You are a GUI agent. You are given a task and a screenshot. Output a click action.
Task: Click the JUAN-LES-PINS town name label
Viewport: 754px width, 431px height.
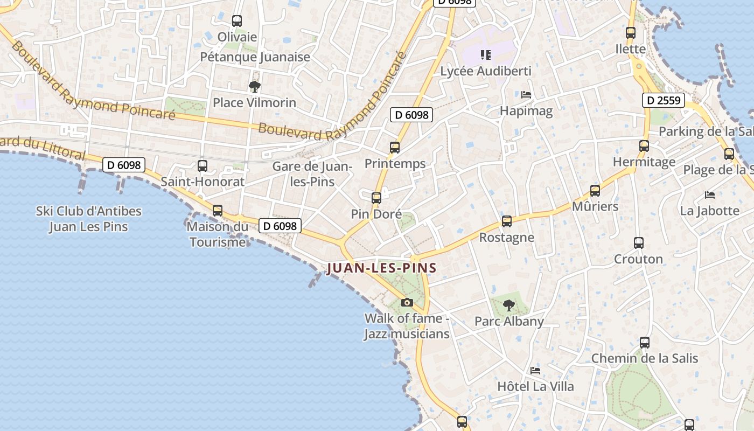coord(381,268)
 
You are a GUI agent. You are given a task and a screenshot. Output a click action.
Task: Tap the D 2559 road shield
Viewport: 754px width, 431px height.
coord(663,100)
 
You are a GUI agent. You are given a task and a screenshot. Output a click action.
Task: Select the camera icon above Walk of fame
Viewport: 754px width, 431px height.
coord(407,303)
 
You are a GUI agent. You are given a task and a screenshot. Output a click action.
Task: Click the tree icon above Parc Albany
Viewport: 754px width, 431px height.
coord(508,306)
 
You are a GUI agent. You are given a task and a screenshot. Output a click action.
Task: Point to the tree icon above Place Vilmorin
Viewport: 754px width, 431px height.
coord(254,86)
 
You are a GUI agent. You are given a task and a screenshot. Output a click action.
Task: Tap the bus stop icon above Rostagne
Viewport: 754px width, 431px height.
coord(506,221)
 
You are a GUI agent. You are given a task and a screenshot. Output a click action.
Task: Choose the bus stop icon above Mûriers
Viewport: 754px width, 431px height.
coord(595,190)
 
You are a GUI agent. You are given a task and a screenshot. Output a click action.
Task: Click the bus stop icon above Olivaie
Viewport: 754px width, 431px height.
coord(236,21)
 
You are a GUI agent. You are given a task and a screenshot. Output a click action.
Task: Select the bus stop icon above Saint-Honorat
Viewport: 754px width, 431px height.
coord(203,166)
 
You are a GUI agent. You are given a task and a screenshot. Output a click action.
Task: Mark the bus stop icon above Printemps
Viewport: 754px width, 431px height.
coord(395,148)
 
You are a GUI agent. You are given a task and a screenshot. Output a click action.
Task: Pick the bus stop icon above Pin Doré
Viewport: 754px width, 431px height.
coord(376,198)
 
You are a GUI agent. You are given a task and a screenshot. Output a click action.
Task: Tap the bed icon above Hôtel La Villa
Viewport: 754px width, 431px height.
coord(535,371)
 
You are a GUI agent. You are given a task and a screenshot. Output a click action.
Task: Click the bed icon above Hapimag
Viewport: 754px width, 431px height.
coord(526,95)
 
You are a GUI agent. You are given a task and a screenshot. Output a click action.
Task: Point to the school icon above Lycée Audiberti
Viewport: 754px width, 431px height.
coord(486,55)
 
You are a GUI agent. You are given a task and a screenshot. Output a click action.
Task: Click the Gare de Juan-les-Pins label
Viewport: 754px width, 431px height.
coord(312,174)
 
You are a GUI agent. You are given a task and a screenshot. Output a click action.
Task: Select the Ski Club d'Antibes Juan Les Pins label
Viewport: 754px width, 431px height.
coord(89,218)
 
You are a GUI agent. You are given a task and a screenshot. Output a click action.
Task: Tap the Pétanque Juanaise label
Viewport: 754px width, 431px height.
coord(255,57)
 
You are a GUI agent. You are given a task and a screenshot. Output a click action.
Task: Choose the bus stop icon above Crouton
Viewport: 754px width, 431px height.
coord(638,243)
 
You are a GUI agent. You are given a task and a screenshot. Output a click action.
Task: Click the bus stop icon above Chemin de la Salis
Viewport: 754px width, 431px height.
coord(644,343)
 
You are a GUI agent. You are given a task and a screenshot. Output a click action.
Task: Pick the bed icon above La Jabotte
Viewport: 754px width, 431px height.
coord(710,194)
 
